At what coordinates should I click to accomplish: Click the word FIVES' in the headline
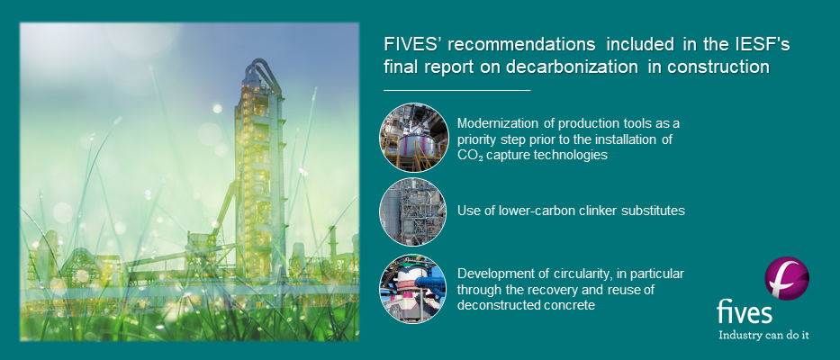[410, 45]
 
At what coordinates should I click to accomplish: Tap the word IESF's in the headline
[760, 45]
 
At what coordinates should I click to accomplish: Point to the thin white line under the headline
[456, 90]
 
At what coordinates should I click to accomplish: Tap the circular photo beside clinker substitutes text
[413, 211]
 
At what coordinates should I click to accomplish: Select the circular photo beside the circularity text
[413, 289]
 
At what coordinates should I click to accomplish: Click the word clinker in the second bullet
[580, 210]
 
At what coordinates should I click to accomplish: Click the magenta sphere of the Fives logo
[786, 278]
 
